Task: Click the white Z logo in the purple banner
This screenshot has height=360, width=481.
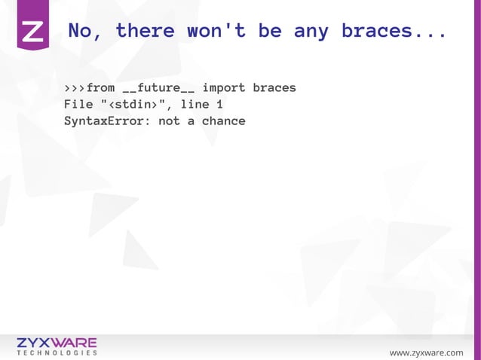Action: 33,31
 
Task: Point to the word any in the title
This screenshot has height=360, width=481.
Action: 310,32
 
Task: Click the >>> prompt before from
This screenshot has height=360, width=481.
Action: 75,88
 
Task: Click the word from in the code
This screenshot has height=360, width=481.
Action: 101,88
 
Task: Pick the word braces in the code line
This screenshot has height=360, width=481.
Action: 274,88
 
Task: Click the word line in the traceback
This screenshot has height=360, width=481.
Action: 195,105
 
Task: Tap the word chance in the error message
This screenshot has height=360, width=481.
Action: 224,121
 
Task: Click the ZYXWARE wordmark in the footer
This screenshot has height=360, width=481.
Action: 57,343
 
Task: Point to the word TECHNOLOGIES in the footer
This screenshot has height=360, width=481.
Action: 57,352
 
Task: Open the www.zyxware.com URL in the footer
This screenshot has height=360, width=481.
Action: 426,352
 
